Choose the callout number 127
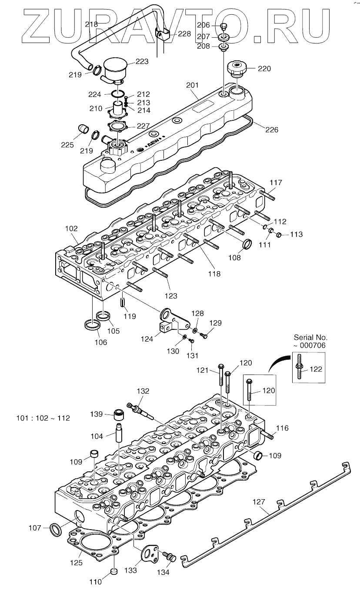pyautogui.click(x=259, y=502)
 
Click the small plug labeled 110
pyautogui.click(x=113, y=571)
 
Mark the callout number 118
pyautogui.click(x=214, y=274)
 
